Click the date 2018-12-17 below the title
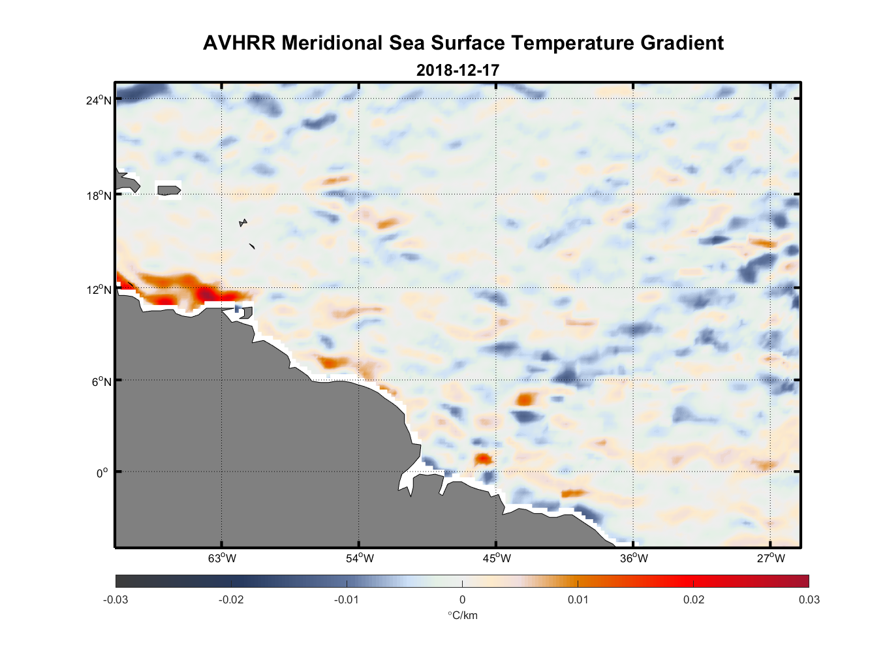tap(458, 70)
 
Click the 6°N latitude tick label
tap(101, 381)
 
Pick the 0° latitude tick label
tap(102, 473)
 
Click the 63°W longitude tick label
tap(222, 558)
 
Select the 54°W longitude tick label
tap(360, 558)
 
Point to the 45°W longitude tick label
tap(497, 558)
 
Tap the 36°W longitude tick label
tap(634, 558)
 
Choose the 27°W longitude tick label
tap(771, 558)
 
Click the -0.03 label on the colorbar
tap(116, 599)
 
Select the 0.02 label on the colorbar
tap(693, 599)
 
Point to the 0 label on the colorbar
tap(462, 599)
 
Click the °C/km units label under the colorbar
tap(462, 615)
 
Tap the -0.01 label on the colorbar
tap(347, 599)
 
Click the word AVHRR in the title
tap(240, 43)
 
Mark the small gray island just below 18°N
tap(243, 223)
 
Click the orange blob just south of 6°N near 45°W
tap(525, 398)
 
